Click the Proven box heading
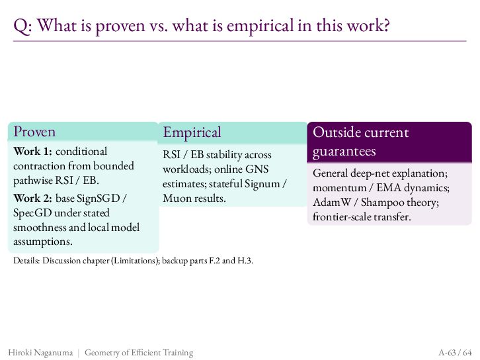pyautogui.click(x=34, y=132)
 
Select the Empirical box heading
pyautogui.click(x=192, y=132)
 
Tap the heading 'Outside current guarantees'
pyautogui.click(x=360, y=142)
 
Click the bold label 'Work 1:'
pyautogui.click(x=33, y=152)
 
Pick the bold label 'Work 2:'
pyautogui.click(x=33, y=199)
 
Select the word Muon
pyautogui.click(x=176, y=199)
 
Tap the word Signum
pyautogui.click(x=262, y=184)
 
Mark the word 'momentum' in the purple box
pyautogui.click(x=339, y=188)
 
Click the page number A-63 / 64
pyautogui.click(x=455, y=352)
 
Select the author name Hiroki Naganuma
pyautogui.click(x=41, y=353)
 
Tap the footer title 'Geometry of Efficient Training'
pyautogui.click(x=139, y=353)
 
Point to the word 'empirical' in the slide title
pyautogui.click(x=260, y=25)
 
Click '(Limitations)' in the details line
pyautogui.click(x=135, y=261)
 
